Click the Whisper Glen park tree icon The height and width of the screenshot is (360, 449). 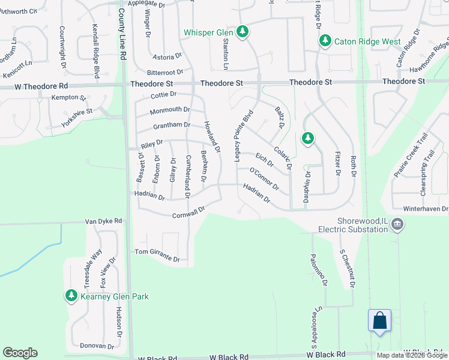click(242, 32)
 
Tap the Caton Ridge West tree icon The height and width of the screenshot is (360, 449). click(325, 41)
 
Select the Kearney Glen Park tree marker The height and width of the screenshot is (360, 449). click(71, 296)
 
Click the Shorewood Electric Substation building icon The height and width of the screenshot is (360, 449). click(397, 224)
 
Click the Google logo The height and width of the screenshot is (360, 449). click(20, 353)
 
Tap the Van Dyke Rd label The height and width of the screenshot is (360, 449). click(103, 221)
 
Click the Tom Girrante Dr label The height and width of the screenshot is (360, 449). click(157, 255)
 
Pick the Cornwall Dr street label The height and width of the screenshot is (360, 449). click(188, 213)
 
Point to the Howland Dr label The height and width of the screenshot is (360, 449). click(212, 136)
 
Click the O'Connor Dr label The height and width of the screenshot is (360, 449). click(264, 179)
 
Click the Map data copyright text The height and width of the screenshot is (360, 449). click(412, 355)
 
